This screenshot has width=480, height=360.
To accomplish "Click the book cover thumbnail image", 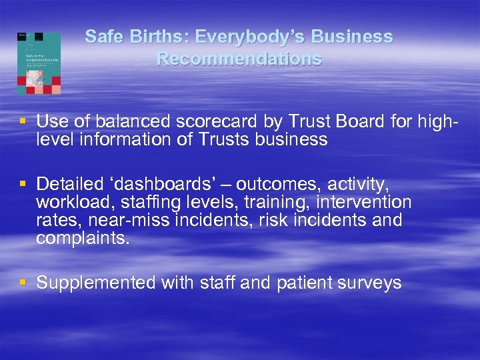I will point(39,63).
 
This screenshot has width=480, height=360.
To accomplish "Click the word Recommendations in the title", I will point(239,59).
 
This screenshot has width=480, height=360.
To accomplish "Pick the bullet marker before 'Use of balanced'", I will point(23,121).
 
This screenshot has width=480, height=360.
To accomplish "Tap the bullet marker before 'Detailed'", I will point(23,183).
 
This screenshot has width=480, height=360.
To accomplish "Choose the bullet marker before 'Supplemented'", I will point(23,282).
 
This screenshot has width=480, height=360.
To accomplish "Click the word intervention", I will point(365,202).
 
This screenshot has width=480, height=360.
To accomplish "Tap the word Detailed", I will point(67,183).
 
